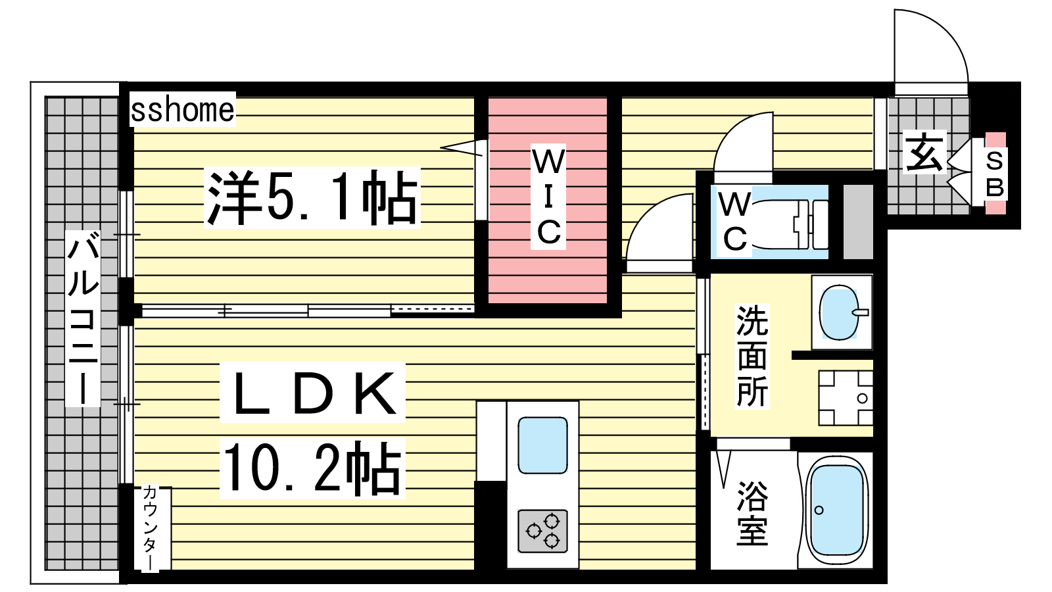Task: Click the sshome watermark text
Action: pyautogui.click(x=182, y=110)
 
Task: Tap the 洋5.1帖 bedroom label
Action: pyautogui.click(x=312, y=197)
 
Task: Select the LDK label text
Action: pyautogui.click(x=313, y=392)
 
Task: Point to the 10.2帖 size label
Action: pyautogui.click(x=312, y=468)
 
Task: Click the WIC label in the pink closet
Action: pyautogui.click(x=548, y=197)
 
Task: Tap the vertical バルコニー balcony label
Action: pyautogui.click(x=83, y=318)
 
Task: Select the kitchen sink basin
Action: pyautogui.click(x=542, y=445)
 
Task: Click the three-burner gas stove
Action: pyautogui.click(x=542, y=531)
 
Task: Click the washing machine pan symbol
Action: pyautogui.click(x=846, y=398)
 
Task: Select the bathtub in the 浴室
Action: pyautogui.click(x=836, y=510)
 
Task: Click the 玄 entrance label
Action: pyautogui.click(x=924, y=153)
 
